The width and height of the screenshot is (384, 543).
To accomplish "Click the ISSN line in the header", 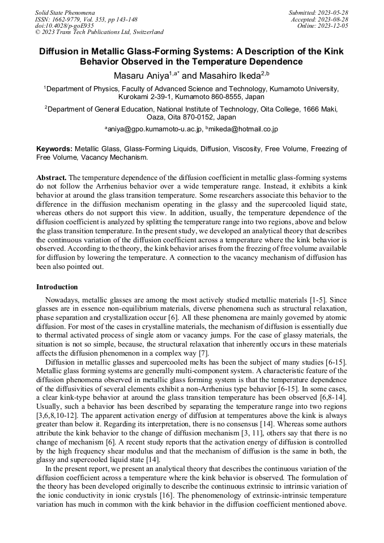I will (x=86, y=19).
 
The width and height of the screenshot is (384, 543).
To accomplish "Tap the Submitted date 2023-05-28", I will (x=319, y=12).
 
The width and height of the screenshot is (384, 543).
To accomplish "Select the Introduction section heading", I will (x=60, y=287).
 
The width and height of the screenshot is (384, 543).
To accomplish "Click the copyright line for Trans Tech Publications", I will (x=99, y=32).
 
